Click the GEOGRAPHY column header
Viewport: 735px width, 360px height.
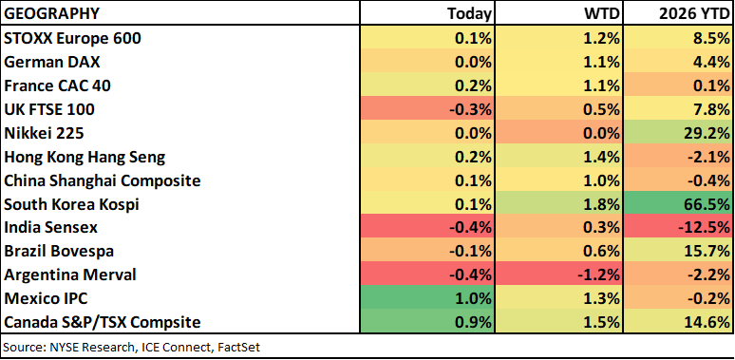(51, 14)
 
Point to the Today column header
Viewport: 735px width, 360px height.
(469, 14)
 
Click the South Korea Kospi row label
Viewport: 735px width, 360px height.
(71, 204)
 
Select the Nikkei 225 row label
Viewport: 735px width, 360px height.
(44, 134)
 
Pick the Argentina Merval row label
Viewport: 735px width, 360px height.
(70, 275)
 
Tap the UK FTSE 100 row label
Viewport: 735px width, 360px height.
(49, 109)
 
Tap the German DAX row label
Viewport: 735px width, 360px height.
(51, 62)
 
